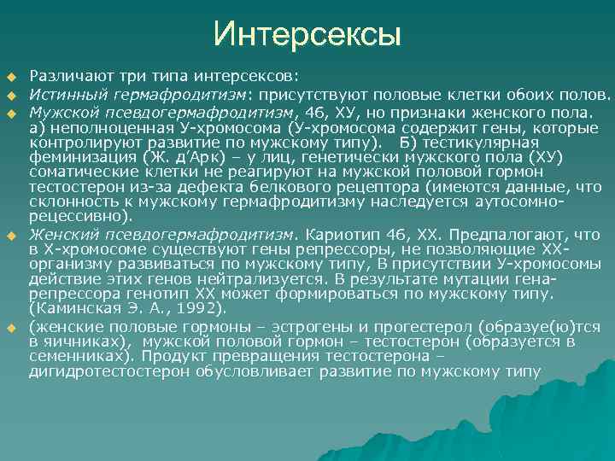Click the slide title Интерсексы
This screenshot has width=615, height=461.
click(x=307, y=34)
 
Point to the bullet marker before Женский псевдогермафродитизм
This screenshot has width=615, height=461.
click(x=12, y=234)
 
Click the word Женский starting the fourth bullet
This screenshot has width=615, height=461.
click(x=58, y=233)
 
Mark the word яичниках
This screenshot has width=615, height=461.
click(x=82, y=341)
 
